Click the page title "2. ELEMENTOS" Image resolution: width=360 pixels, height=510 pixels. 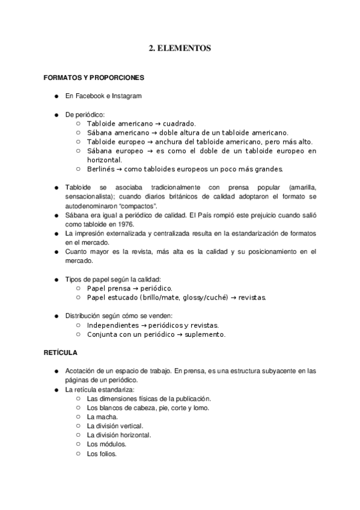180,49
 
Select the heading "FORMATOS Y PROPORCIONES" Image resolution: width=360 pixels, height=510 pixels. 93,78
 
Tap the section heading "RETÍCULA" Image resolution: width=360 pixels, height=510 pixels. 60,352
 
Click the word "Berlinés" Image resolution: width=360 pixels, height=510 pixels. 102,169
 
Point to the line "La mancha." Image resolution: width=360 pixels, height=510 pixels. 102,416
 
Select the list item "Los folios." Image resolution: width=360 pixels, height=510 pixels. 102,453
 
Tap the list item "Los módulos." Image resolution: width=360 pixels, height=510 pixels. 106,444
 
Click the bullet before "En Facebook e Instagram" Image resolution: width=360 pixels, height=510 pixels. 56,96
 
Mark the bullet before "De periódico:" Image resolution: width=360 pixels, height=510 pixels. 56,114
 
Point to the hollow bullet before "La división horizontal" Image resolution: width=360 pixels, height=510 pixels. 78,435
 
